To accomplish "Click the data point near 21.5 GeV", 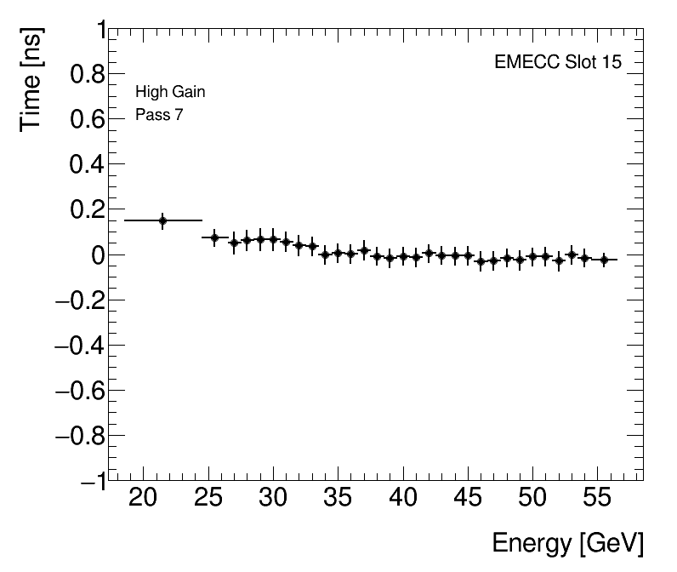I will click(x=162, y=220).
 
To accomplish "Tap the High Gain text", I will click(x=170, y=92).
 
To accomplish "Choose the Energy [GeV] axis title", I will click(x=567, y=543).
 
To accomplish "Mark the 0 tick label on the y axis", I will click(x=95, y=255).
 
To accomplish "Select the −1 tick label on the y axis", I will click(x=88, y=481).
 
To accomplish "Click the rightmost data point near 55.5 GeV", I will click(x=604, y=260).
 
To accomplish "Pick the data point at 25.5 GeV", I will click(x=214, y=237).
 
